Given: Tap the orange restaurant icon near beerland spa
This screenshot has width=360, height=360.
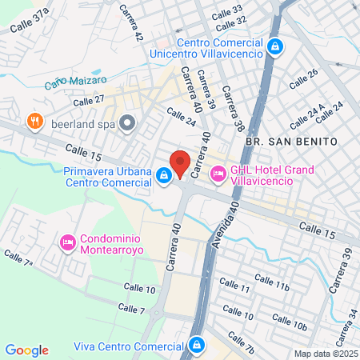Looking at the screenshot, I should tap(34, 122).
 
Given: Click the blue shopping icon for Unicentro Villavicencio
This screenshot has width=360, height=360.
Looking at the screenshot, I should tap(274, 47).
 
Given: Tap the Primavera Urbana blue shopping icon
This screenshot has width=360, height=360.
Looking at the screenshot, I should tap(163, 174).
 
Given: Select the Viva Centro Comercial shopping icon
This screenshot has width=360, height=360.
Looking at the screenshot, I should tap(196, 346).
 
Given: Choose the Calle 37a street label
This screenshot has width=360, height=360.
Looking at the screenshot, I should tap(29, 19).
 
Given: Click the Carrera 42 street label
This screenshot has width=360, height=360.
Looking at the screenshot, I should tap(131, 25).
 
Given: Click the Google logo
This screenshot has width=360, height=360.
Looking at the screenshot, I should tap(26, 350).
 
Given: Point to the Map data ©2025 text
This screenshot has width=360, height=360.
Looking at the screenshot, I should tap(324, 354).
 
